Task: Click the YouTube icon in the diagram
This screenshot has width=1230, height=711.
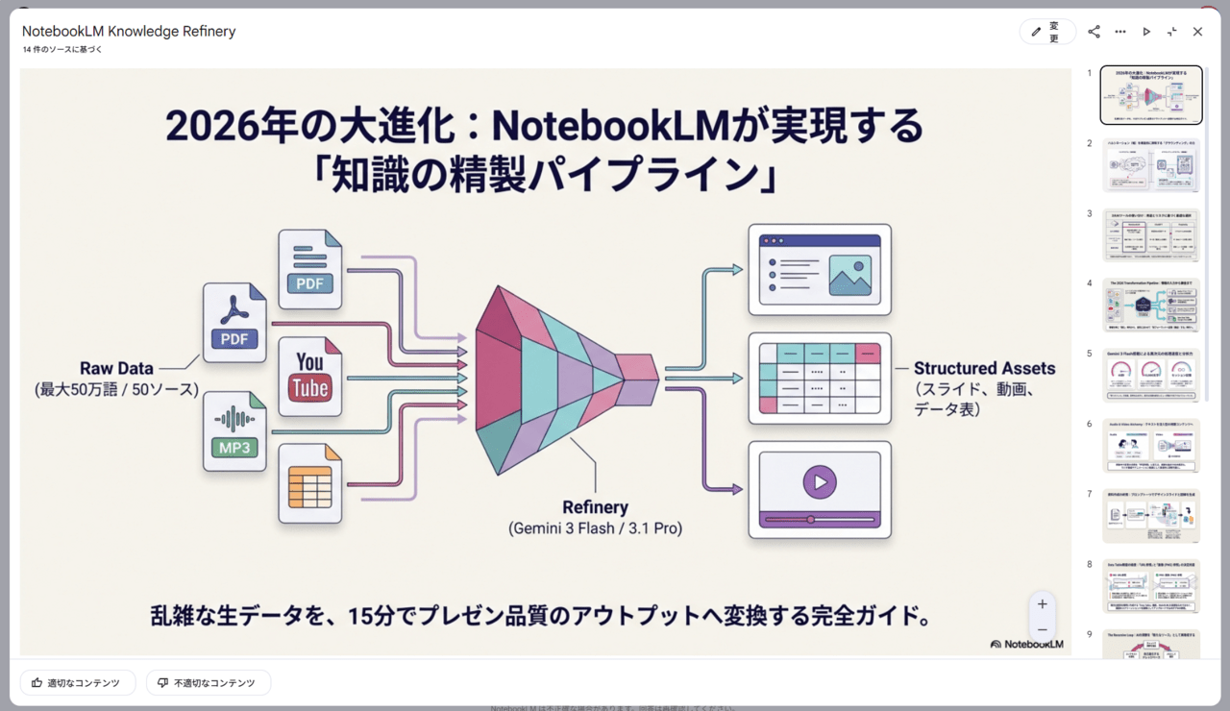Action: tap(309, 377)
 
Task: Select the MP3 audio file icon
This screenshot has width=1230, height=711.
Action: tap(234, 431)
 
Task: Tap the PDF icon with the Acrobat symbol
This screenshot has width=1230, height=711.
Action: tap(234, 322)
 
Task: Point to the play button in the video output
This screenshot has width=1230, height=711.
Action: tap(820, 482)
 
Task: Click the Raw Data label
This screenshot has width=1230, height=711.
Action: tap(116, 369)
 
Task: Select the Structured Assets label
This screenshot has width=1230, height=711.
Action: tap(984, 368)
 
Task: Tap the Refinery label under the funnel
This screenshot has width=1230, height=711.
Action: tap(595, 507)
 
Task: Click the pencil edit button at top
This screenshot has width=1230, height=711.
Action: tap(1046, 32)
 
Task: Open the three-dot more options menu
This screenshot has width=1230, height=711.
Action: tap(1120, 32)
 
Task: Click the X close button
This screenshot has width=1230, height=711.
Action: tap(1197, 32)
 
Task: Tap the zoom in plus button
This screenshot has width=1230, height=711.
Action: tap(1043, 604)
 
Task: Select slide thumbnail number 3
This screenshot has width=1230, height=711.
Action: tap(1150, 235)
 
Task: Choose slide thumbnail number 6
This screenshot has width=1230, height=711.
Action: tap(1150, 446)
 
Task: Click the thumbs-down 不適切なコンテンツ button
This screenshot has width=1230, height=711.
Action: tap(209, 683)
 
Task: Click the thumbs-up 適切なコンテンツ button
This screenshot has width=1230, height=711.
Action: tap(77, 683)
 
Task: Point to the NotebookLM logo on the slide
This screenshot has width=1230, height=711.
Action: tap(1026, 644)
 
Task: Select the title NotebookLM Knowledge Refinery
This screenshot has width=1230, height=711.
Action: tap(129, 32)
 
